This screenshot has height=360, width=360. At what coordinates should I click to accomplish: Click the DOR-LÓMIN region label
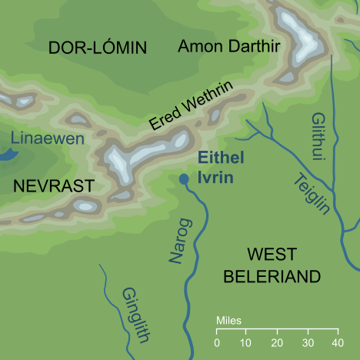pos(97,48)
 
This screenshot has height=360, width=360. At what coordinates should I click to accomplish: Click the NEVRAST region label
pos(53,185)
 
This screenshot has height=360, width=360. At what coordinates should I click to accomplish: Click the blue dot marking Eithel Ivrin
pos(183,179)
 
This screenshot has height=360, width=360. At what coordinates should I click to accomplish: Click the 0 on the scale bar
pos(217,342)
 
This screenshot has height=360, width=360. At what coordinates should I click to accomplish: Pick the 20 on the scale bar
pos(276,342)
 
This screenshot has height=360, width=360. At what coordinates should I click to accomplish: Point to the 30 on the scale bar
pos(306,342)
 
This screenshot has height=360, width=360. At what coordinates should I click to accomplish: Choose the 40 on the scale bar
pos(336,342)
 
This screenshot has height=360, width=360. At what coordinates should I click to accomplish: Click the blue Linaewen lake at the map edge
pos(6,154)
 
